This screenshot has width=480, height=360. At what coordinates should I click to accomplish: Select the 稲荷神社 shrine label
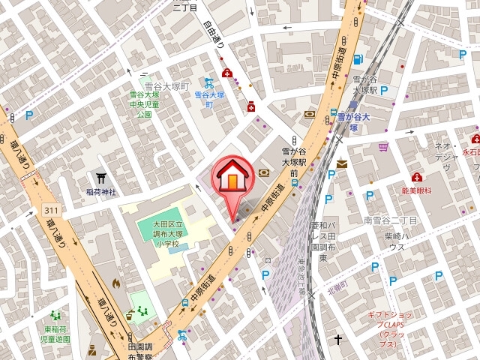[x=100, y=192]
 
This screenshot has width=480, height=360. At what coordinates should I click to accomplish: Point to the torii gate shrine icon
[x=100, y=178]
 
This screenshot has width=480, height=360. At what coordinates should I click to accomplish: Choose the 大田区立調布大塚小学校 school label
[x=163, y=232]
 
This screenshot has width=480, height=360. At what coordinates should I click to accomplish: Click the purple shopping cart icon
[x=384, y=147]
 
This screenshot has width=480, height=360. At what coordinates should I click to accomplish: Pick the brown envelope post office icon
[x=342, y=163]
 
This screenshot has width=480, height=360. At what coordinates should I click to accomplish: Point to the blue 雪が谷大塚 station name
[x=354, y=118]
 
